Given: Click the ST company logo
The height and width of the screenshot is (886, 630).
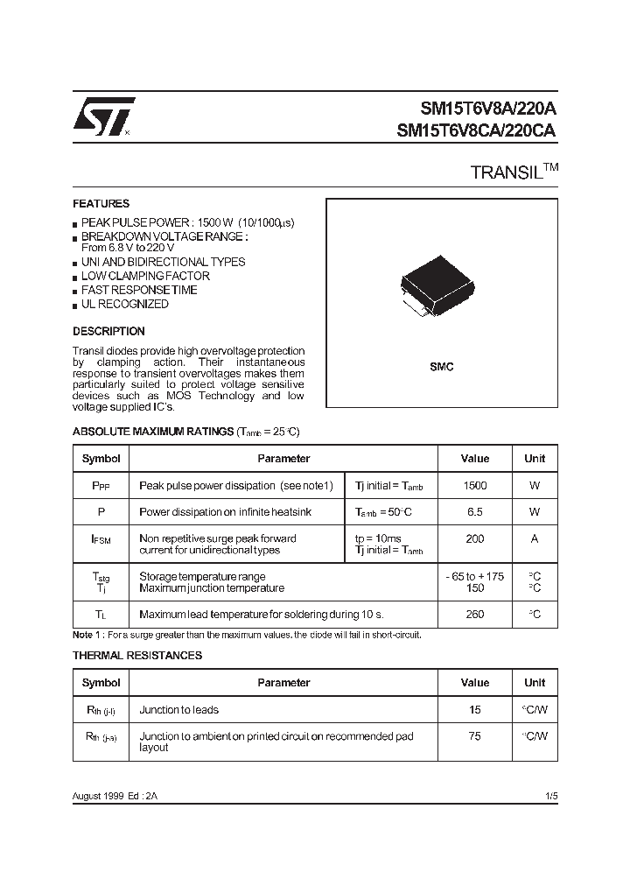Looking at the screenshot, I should pyautogui.click(x=103, y=116).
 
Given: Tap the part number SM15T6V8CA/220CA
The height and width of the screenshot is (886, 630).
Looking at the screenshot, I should pyautogui.click(x=476, y=131).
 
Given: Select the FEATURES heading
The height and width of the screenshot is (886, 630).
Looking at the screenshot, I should pyautogui.click(x=101, y=204).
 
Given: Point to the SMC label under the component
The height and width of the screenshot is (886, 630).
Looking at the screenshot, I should pyautogui.click(x=442, y=368).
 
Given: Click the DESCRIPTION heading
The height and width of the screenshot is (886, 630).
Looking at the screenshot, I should pyautogui.click(x=108, y=332).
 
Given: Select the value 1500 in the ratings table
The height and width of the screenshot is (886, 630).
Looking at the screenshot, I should pyautogui.click(x=475, y=486).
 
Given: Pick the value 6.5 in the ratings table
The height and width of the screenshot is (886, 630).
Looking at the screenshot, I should pyautogui.click(x=475, y=512).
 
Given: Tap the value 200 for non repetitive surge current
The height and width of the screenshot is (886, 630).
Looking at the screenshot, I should pyautogui.click(x=475, y=539).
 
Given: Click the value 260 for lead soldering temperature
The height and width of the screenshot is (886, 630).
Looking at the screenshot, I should pyautogui.click(x=475, y=615).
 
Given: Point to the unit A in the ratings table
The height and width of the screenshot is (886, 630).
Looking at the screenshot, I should pyautogui.click(x=535, y=539).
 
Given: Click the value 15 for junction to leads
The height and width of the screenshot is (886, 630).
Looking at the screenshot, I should pyautogui.click(x=475, y=710).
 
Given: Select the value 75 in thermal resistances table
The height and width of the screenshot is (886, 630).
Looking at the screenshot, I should pyautogui.click(x=475, y=737).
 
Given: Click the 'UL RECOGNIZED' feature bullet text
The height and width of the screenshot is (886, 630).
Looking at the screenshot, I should pyautogui.click(x=124, y=305).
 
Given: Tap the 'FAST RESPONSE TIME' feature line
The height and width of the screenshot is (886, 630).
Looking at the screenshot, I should pyautogui.click(x=139, y=291).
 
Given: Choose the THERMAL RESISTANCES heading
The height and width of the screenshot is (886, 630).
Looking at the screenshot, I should pyautogui.click(x=137, y=656).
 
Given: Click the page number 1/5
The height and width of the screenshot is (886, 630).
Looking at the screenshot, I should pyautogui.click(x=550, y=796).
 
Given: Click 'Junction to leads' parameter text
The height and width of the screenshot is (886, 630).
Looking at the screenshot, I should pyautogui.click(x=179, y=710).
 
